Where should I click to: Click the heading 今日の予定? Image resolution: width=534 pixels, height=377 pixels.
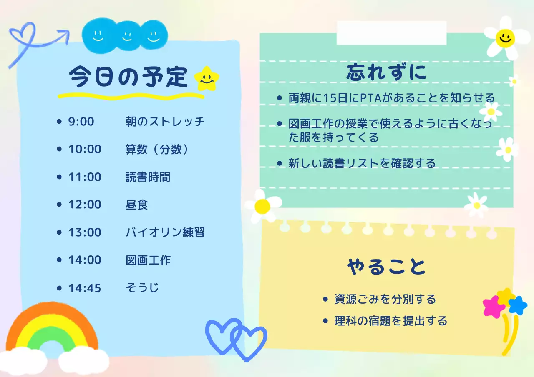point(128,77)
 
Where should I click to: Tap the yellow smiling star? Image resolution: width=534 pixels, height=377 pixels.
point(207,78)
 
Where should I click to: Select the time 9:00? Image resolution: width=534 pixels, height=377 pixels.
point(81,122)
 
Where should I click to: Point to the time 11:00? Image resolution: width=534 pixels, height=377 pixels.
point(85,177)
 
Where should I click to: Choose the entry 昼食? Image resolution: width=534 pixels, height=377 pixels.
point(137,205)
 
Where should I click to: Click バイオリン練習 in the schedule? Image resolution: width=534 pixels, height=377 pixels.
point(165,232)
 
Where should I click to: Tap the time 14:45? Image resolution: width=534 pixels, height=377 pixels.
point(85,287)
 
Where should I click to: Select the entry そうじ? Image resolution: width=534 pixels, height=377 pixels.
point(142,287)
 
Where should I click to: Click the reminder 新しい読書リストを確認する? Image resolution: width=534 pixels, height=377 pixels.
point(362,163)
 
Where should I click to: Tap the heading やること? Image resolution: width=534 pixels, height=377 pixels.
point(386,267)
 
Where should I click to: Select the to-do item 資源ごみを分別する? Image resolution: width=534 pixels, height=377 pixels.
point(385,299)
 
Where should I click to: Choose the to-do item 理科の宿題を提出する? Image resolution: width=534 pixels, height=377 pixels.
point(390,321)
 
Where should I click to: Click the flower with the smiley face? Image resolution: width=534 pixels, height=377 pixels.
point(504,38)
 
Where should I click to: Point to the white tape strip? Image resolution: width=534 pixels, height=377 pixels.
point(391,33)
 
